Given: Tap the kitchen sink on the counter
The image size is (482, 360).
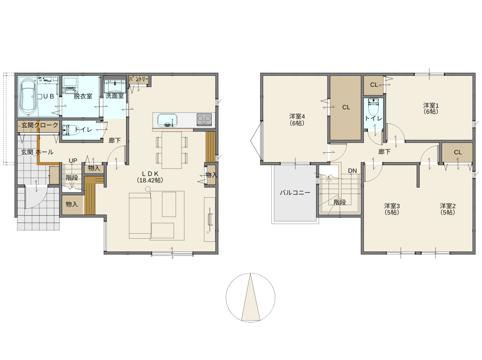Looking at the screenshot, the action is click(x=167, y=120).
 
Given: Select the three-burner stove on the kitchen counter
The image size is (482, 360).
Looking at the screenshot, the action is click(x=204, y=119).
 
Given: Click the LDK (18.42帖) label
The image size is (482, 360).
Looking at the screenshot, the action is click(x=150, y=177).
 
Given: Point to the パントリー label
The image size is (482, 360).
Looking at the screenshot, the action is click(x=139, y=79).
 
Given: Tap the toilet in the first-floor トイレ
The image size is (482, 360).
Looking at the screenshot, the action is click(x=68, y=130).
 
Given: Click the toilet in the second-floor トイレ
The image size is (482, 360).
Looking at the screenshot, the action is click(x=373, y=107).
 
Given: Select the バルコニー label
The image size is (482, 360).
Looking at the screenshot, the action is click(x=295, y=192).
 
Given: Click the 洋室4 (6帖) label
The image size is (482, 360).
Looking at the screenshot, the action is click(x=297, y=119).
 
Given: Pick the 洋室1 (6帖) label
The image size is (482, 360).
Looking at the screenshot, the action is click(x=431, y=108).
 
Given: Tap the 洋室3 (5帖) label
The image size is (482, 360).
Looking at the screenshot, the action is click(x=392, y=209).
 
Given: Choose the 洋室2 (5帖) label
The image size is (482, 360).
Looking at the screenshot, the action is click(x=447, y=209).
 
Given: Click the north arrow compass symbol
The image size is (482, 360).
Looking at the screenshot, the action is click(x=250, y=298).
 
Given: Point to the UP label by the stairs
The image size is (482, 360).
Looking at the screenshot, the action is click(x=73, y=161).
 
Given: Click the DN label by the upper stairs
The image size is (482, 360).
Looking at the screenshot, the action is click(x=352, y=171).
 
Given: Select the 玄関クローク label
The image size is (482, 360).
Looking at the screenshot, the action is click(x=40, y=125).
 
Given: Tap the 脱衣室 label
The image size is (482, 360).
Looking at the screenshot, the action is click(x=83, y=96).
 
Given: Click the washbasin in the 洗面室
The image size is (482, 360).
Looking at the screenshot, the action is click(x=114, y=86).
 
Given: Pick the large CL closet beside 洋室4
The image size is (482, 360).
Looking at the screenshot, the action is click(x=346, y=108).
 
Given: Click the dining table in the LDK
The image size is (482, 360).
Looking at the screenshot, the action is click(x=172, y=150).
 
